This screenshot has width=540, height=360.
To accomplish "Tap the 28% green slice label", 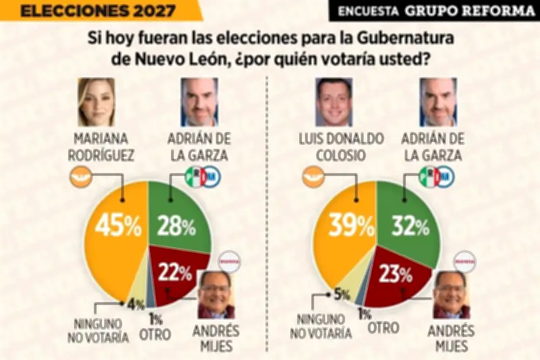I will [177, 226].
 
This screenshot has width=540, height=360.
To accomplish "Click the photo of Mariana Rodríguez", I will [97, 101].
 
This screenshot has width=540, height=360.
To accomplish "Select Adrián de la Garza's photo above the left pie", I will [199, 101].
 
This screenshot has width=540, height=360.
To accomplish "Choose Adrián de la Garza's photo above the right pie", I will [438, 101].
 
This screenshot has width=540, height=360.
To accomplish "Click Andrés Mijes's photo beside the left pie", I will [216, 294].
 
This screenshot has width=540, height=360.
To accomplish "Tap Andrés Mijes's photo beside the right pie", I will [450, 294].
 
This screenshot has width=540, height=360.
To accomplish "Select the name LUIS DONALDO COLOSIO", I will [342, 147].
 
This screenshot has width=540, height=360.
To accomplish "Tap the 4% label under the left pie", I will [136, 305].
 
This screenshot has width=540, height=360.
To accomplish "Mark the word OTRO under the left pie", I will [156, 333].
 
